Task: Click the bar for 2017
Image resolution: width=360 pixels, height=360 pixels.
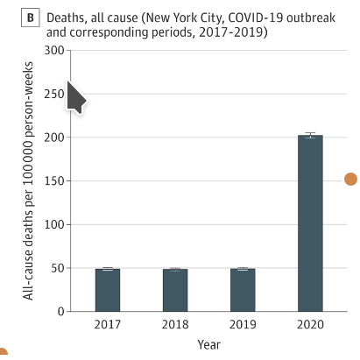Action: [x=108, y=290]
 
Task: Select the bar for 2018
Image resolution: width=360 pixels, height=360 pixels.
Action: [x=175, y=290]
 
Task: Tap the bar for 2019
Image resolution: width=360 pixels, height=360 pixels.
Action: [x=243, y=290]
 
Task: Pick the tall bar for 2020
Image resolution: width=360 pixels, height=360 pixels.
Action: [x=310, y=223]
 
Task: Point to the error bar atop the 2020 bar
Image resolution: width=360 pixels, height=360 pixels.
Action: [x=310, y=135]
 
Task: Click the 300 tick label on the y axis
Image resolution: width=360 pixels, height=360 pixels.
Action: [x=54, y=51]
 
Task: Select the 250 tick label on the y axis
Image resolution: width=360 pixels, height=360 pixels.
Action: [x=54, y=94]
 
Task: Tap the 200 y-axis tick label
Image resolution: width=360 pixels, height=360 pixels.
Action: [x=54, y=138]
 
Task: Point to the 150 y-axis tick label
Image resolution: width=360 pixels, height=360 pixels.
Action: [x=54, y=181]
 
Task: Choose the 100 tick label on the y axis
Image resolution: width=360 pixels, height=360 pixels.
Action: [x=54, y=224]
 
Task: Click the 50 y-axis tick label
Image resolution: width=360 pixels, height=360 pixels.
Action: [x=58, y=268]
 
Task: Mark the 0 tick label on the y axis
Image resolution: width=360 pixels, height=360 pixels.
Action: [x=61, y=312]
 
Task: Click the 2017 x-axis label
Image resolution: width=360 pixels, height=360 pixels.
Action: [x=108, y=324]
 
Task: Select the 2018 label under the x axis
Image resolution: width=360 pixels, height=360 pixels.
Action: [x=175, y=324]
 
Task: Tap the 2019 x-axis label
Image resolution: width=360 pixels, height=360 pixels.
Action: [x=243, y=324]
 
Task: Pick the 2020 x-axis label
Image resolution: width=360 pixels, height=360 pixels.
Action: [x=310, y=324]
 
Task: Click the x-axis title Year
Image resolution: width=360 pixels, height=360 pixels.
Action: [x=208, y=344]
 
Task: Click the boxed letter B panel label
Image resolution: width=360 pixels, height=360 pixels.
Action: [x=31, y=18]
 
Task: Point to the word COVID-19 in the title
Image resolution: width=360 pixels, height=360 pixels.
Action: [x=256, y=18]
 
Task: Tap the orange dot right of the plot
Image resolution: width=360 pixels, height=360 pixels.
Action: [x=350, y=179]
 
